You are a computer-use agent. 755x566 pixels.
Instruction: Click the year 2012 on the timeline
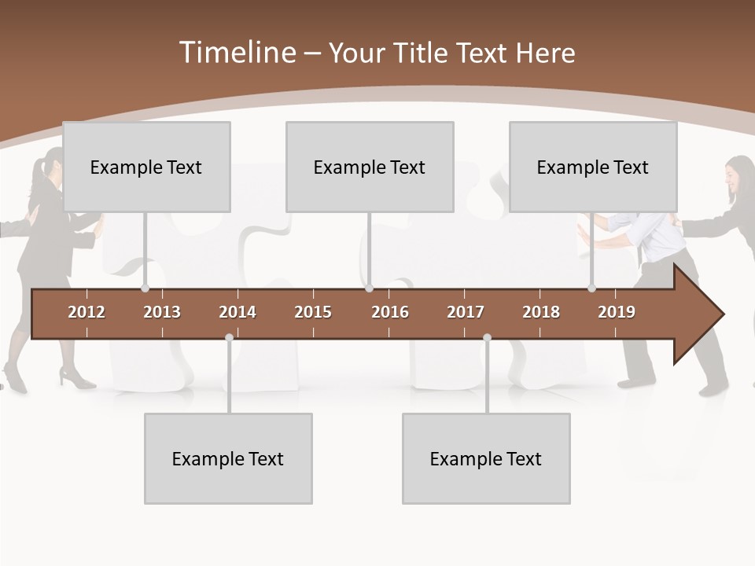click(x=87, y=312)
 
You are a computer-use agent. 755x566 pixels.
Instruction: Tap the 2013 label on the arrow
click(x=162, y=312)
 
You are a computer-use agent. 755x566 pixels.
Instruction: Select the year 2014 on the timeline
click(x=238, y=312)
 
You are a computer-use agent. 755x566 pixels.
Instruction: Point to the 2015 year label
click(x=313, y=312)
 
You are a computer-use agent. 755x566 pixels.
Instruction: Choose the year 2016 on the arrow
click(x=390, y=312)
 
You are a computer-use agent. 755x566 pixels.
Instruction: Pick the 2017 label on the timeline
click(x=466, y=312)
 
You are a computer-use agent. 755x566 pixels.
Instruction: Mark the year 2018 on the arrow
click(x=541, y=312)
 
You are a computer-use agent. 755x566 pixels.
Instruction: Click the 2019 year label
click(x=617, y=312)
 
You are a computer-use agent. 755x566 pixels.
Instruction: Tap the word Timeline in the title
click(x=236, y=53)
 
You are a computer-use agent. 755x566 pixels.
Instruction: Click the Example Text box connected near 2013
click(x=146, y=167)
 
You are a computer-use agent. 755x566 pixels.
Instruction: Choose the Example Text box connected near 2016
click(x=370, y=167)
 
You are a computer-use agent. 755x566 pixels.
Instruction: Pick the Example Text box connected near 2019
click(x=593, y=167)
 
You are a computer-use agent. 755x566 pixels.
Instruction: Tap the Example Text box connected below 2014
click(x=228, y=458)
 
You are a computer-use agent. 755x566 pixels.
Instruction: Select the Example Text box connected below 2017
click(x=486, y=458)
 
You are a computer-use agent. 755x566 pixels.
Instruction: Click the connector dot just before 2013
click(x=145, y=289)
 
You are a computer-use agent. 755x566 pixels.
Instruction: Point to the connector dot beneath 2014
click(x=229, y=337)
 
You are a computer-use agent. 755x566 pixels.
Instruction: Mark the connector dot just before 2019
click(x=592, y=289)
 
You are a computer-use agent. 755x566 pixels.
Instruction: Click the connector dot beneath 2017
click(x=487, y=337)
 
